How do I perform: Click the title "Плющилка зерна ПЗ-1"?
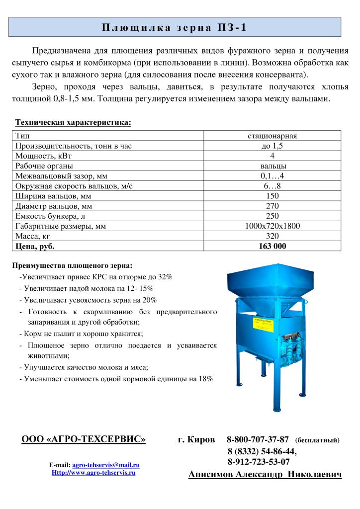pos(174,27)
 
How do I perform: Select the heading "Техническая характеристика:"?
pos(73,122)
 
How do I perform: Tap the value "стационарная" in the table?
pos(272,136)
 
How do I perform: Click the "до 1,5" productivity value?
pos(272,146)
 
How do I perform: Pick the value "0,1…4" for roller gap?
pos(272,176)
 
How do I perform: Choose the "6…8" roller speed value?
pos(272,186)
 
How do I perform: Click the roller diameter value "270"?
pos(272,206)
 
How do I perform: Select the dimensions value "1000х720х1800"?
pos(272,226)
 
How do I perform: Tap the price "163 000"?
pos(272,246)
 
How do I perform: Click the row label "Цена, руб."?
pos(35,246)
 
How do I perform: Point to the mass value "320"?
pos(272,236)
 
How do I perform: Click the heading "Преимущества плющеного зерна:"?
pos(76,265)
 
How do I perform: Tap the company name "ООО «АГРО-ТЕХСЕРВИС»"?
pos(84,439)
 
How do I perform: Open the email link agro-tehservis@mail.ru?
pos(106,465)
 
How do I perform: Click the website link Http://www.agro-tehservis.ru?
pos(93,473)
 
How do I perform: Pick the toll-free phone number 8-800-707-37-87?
pos(258,439)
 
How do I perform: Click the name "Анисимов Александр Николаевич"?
pos(265,475)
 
